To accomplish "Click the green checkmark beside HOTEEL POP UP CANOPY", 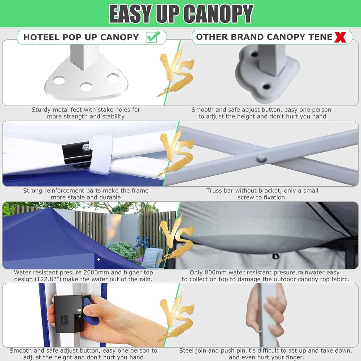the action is click(153, 36).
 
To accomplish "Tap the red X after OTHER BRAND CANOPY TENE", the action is click(340, 37).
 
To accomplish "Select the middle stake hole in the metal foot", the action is click(86, 87).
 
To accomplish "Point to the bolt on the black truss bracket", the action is click(87, 146).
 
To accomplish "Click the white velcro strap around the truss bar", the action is click(101, 155).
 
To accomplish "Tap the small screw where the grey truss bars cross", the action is click(261, 159).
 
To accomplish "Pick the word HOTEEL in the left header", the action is click(42, 37).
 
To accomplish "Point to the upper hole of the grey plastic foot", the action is click(255, 55).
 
